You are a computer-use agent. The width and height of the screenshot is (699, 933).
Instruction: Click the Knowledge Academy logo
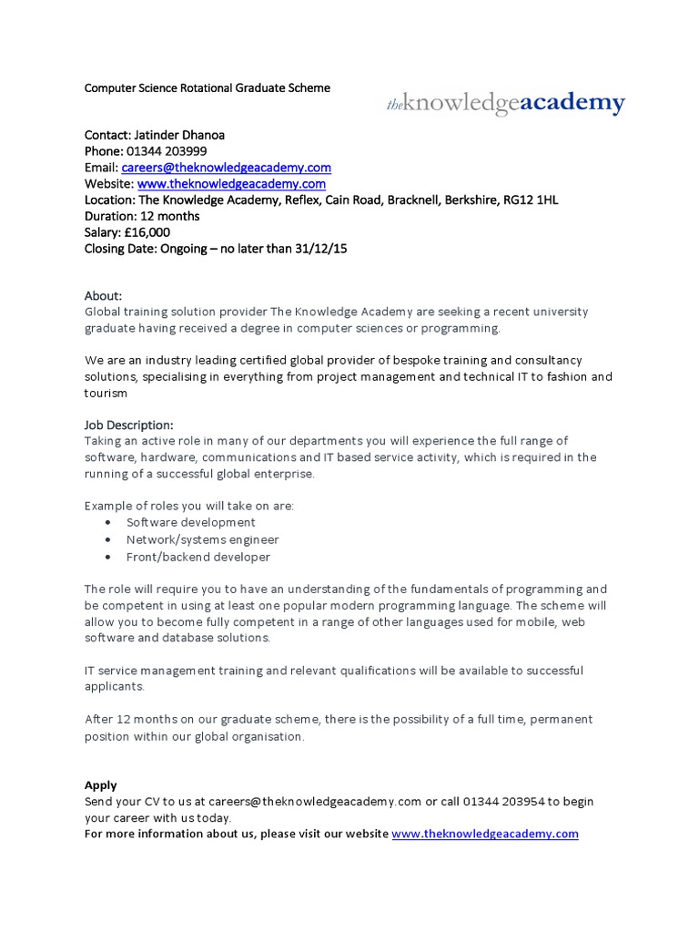click(506, 104)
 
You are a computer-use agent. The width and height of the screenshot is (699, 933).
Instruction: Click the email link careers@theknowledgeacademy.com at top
click(226, 168)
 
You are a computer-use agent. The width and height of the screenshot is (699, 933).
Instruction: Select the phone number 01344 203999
click(171, 151)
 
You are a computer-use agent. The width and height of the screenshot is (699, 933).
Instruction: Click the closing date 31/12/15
click(331, 249)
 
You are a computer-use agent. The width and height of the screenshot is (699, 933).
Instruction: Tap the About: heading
click(103, 296)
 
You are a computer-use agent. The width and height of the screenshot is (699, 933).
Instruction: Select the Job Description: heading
click(128, 425)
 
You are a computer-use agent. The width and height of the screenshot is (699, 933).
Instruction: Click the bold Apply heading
click(101, 785)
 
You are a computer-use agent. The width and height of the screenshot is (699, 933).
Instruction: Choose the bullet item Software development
click(190, 523)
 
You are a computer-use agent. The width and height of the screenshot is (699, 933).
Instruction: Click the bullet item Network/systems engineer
click(202, 540)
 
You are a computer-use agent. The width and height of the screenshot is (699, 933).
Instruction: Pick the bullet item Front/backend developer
click(198, 557)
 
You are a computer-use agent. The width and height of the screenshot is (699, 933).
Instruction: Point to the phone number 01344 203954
click(504, 802)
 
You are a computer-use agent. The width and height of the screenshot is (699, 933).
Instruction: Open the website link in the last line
click(485, 835)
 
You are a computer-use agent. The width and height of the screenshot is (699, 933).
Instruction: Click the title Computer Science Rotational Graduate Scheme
click(208, 88)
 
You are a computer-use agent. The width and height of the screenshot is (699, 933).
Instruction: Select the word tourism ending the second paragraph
click(106, 394)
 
